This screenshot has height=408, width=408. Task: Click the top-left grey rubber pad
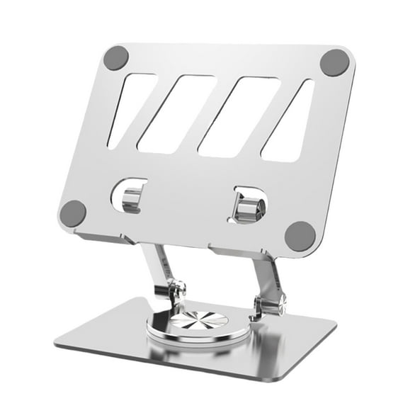pos(115,58)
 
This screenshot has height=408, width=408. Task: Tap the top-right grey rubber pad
pos(334,63)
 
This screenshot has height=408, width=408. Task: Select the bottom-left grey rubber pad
pos(73,212)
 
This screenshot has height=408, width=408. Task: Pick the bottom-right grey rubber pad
pos(300,236)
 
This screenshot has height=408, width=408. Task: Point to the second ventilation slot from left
pos(175,113)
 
